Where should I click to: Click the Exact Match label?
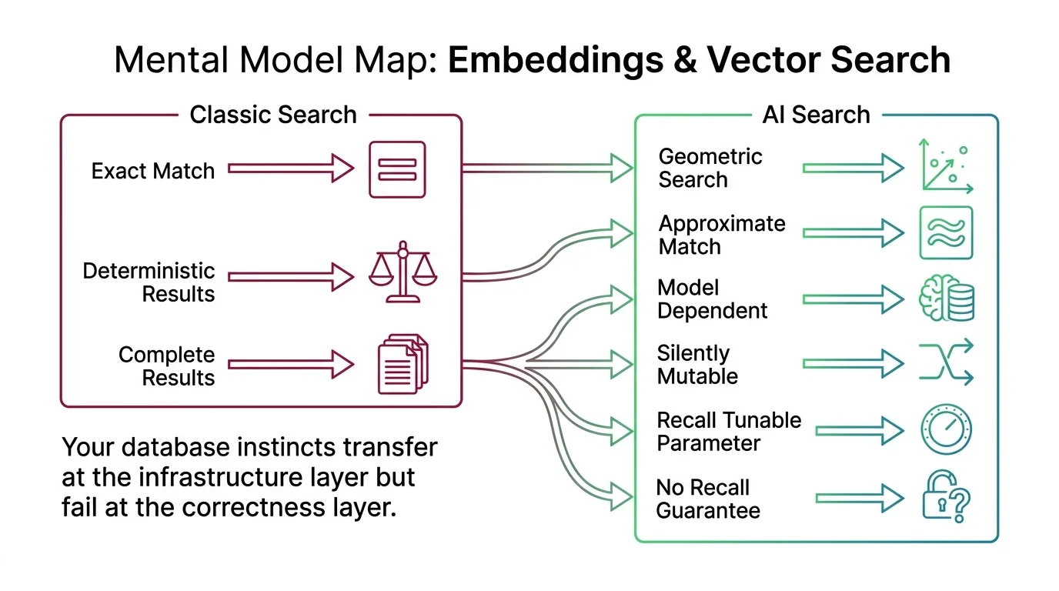point(152,170)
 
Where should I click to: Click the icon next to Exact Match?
point(397,169)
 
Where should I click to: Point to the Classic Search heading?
point(273,115)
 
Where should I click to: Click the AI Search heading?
point(816,115)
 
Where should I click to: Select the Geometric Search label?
point(710,169)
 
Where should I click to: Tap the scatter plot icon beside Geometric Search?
point(947,166)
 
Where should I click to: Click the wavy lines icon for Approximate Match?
point(947,232)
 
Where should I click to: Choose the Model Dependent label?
point(712,299)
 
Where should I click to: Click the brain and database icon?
point(947,299)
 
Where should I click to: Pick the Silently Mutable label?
point(697,365)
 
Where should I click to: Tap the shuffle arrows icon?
point(947,362)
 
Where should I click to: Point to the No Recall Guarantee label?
point(707,499)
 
